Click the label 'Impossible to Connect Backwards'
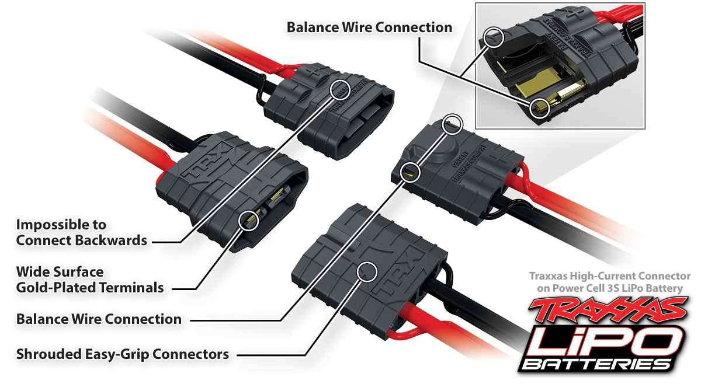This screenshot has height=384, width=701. pos(82,232)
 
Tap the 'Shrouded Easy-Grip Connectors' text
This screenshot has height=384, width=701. pos(122,354)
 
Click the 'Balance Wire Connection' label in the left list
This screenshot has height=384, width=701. pos(99,319)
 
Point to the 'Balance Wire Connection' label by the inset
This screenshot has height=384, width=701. pos(369,27)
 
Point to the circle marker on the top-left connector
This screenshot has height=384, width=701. pos(340,89)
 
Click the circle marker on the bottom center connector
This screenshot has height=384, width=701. pos(367,270)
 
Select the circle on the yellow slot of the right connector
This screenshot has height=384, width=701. pos(411,170)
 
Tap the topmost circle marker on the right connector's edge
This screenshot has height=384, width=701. pos(452,124)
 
